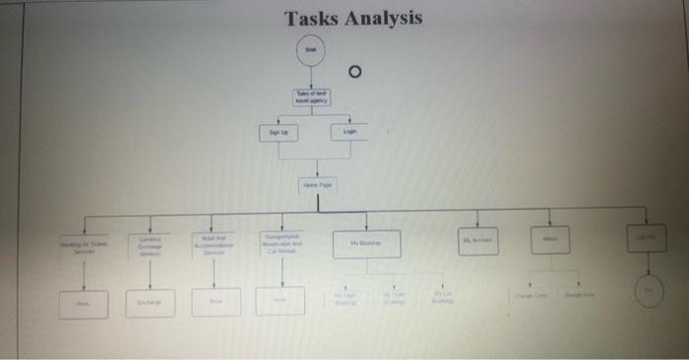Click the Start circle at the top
point(311,49)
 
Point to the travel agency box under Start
point(312,96)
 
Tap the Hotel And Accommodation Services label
point(214,246)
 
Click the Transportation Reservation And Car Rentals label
point(283,244)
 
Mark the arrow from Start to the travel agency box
point(311,78)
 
